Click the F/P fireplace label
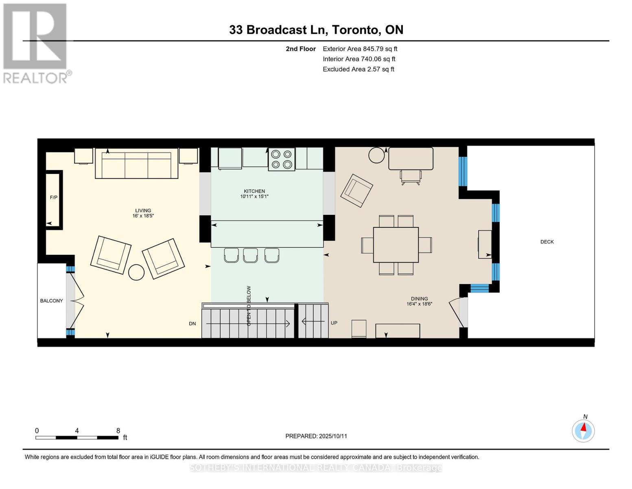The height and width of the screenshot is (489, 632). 54,198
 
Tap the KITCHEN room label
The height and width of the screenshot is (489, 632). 254,191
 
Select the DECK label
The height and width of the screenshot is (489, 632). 547,242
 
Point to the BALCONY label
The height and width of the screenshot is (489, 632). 51,301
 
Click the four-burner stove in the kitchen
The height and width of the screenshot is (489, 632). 282,159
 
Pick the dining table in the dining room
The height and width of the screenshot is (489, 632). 396,245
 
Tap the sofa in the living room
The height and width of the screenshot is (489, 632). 136,163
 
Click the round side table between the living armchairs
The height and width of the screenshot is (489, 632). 136,272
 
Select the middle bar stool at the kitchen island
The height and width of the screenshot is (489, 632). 250,255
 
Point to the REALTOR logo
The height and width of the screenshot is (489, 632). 36,43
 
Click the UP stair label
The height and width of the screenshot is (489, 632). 334,323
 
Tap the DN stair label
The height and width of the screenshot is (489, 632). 192,324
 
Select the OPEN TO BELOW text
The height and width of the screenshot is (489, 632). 249,306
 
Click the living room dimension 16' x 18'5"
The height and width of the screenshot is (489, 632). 143,216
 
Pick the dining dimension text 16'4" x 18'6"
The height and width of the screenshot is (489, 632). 420,304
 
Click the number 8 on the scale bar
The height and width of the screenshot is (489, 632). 118,430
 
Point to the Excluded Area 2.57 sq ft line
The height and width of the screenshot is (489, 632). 358,69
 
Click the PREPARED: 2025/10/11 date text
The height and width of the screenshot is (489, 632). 316,436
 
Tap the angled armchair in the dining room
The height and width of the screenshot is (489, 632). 356,190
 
